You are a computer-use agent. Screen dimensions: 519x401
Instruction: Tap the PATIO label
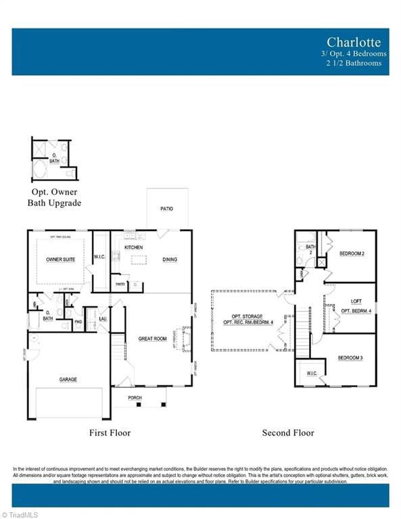[167, 209]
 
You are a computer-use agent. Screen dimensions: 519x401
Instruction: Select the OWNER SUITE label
[60, 259]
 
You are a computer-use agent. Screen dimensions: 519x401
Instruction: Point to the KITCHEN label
[133, 248]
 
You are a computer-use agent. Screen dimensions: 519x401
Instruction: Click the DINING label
[170, 259]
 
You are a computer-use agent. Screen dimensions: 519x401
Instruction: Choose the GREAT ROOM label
[152, 339]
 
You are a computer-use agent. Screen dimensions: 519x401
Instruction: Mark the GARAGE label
[68, 379]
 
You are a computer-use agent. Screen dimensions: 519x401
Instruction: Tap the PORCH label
[135, 398]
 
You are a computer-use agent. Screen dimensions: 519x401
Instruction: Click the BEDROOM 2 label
[352, 253]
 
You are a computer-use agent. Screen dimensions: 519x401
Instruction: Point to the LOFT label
[356, 301]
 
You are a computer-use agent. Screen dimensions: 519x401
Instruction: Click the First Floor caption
[110, 432]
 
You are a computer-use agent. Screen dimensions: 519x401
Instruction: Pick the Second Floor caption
[288, 432]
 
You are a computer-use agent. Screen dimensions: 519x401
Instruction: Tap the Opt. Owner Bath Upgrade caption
[54, 198]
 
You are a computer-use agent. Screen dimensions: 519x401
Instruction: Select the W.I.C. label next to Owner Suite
[99, 256]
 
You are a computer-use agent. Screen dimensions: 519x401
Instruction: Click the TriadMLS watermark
[22, 514]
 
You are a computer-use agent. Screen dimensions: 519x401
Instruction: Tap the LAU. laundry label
[103, 318]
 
